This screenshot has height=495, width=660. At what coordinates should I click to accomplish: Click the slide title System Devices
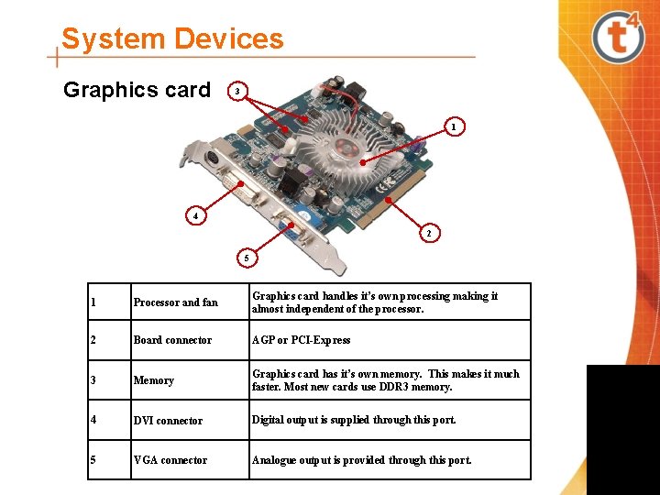point(172,39)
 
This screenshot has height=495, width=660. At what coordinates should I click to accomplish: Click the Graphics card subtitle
point(137,90)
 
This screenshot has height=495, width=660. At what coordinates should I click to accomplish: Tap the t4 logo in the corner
point(619,37)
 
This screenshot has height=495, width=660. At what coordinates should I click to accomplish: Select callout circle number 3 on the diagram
point(237,92)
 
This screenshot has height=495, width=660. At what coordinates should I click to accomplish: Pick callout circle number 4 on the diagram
point(194,216)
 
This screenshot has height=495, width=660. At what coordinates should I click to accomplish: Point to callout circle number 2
point(429,234)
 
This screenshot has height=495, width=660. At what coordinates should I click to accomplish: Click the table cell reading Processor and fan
point(176,302)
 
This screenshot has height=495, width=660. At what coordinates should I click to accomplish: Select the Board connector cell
point(172,340)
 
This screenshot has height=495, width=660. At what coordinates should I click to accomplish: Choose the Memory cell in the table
point(154,380)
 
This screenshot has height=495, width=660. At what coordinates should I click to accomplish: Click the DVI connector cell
point(168,421)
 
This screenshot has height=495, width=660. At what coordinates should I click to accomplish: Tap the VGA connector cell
point(170,460)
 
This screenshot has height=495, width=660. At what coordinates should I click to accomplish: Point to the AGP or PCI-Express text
point(302,340)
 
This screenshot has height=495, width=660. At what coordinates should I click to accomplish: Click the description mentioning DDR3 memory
point(385,379)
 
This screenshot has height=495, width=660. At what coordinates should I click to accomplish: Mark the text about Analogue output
point(362,460)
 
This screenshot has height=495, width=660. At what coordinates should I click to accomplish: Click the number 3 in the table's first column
point(93,380)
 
